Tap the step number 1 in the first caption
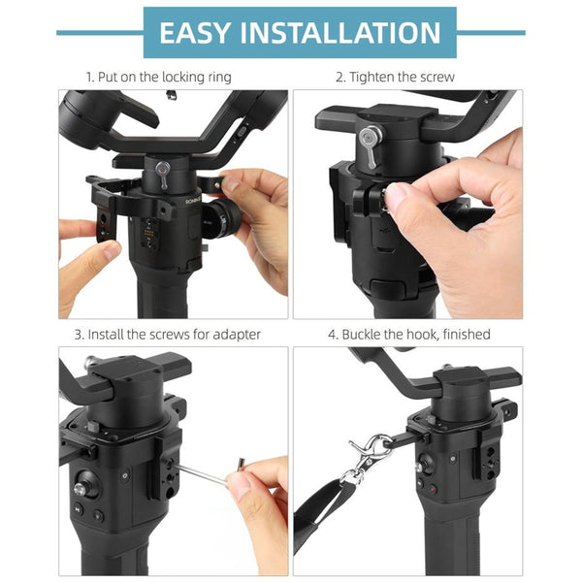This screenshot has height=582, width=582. pyautogui.click(x=88, y=76)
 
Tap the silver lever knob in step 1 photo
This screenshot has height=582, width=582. pyautogui.click(x=164, y=175)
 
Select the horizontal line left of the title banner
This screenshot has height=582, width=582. pyautogui.click(x=98, y=32)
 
